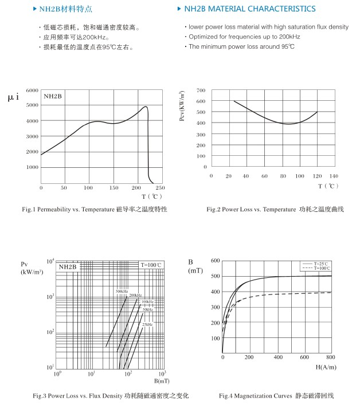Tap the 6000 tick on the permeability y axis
[x=32, y=91]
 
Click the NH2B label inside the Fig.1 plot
[x=53, y=97]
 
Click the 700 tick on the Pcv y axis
[x=201, y=91]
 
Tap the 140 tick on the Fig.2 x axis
[x=333, y=176]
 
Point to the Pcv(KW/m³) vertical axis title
[x=182, y=107]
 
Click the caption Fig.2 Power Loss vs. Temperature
[x=275, y=210]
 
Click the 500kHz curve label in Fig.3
[x=122, y=292]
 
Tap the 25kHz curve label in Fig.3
[x=147, y=325]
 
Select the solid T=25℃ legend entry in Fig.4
[x=316, y=264]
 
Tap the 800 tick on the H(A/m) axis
[x=331, y=357]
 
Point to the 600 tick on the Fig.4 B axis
[x=216, y=260]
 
